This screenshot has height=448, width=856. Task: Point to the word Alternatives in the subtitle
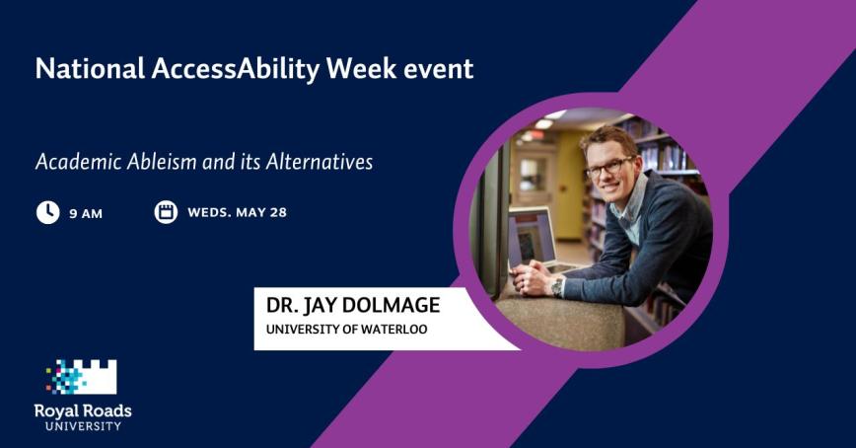coord(320,161)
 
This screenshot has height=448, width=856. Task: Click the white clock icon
coord(47,212)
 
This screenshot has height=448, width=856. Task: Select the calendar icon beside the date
coord(166,212)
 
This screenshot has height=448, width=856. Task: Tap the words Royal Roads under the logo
coord(83,411)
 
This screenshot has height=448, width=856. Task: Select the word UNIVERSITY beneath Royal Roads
coord(83,426)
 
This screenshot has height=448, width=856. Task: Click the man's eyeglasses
coord(609,168)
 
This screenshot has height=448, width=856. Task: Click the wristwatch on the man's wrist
coord(557,286)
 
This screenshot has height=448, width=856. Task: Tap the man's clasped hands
coord(533,279)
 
